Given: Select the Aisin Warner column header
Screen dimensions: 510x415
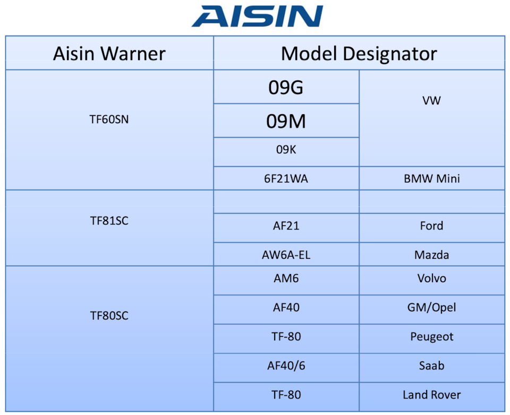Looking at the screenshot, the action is tap(109, 53).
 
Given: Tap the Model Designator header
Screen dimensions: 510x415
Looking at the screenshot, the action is tap(359, 53).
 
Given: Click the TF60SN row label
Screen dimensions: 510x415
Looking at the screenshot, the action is tap(109, 120).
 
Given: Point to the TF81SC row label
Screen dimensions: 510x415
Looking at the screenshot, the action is tap(109, 221).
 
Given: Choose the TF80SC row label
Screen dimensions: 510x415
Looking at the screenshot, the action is tap(109, 316).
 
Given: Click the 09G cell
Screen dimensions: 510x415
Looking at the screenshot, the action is tap(286, 87).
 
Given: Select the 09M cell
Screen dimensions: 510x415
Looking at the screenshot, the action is tap(286, 121).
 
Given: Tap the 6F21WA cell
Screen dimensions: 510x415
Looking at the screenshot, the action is tap(286, 179).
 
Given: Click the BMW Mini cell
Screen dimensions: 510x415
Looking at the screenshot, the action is tap(431, 179).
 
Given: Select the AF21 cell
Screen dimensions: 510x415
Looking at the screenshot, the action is tap(286, 226).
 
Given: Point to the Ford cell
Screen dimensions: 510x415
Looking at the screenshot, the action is tap(431, 226).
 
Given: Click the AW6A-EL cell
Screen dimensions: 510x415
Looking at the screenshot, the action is tap(286, 255).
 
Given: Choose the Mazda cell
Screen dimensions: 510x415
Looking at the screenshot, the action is tap(431, 255).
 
